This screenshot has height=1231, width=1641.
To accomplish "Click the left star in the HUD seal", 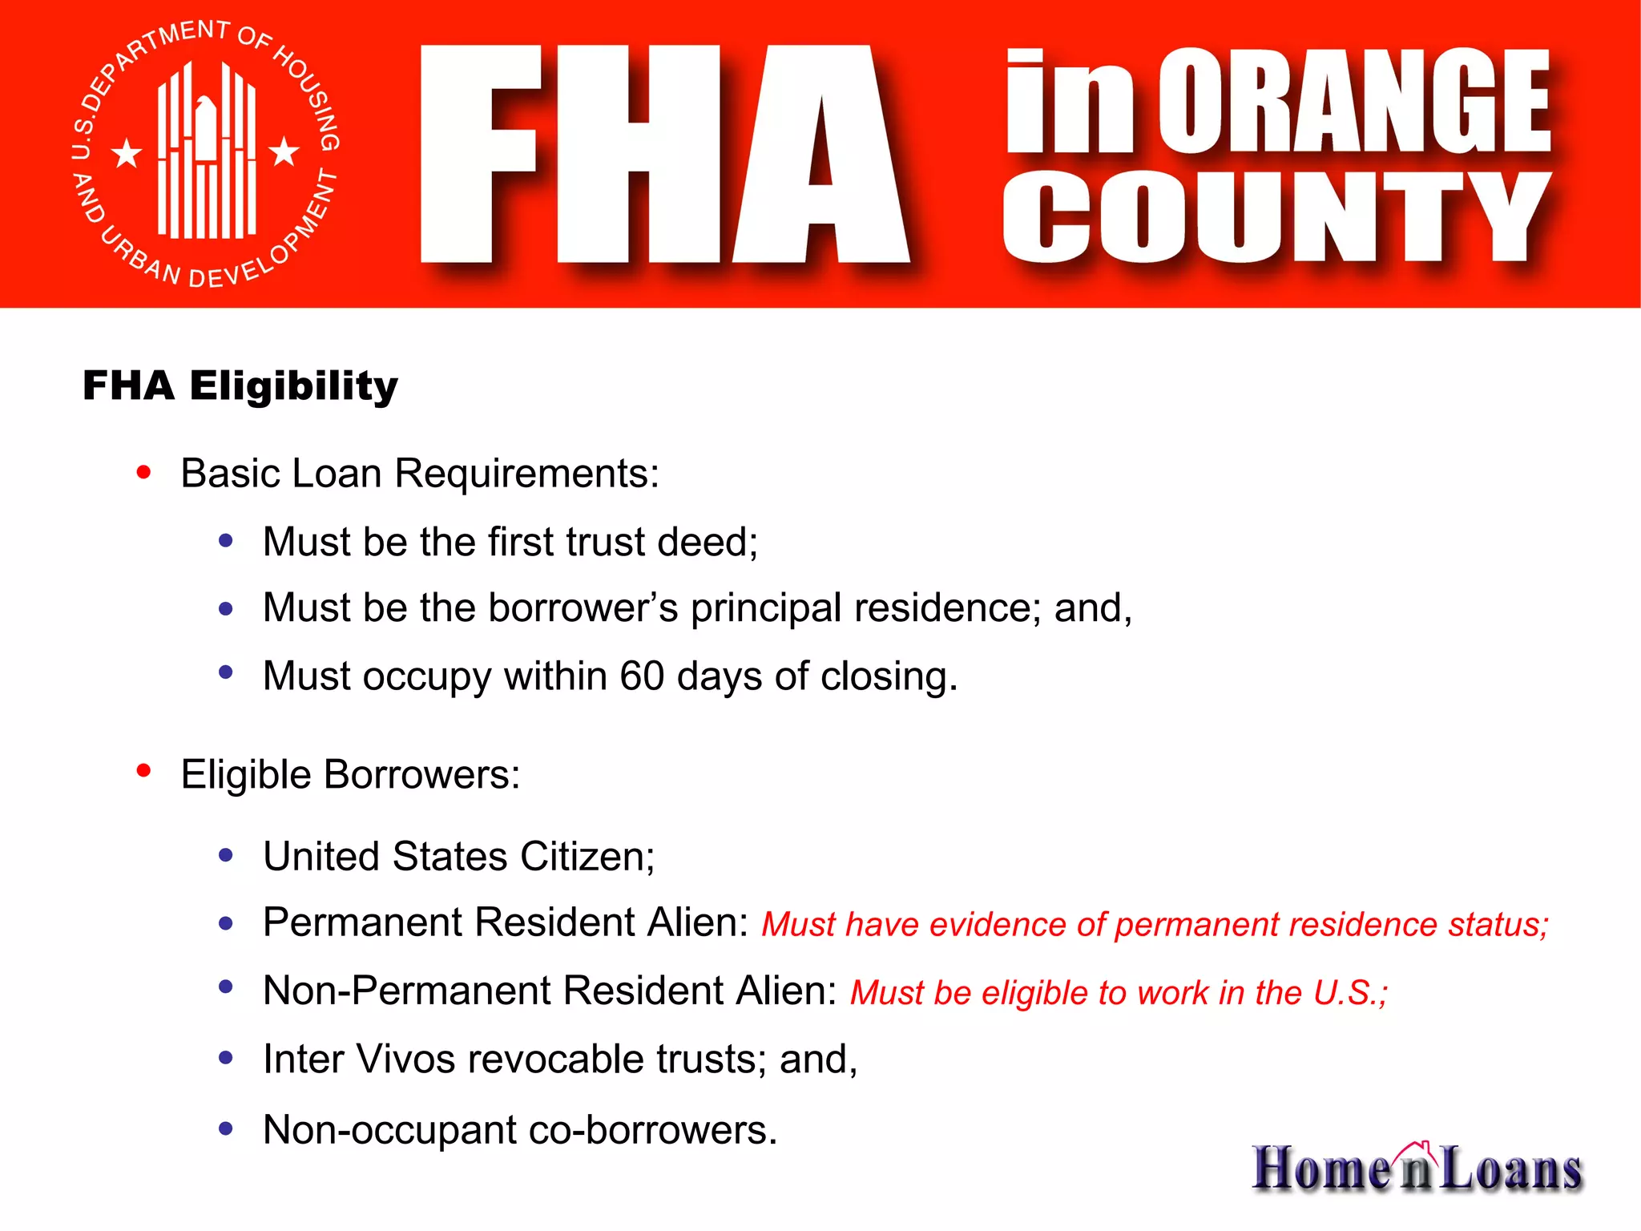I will click(x=127, y=153).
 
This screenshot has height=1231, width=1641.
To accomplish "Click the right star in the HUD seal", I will click(x=284, y=151).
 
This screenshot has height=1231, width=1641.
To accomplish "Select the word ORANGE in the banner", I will click(x=1353, y=101).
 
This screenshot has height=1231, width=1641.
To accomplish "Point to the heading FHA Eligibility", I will click(x=240, y=385).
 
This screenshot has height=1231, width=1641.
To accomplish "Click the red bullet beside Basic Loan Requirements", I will click(x=144, y=472).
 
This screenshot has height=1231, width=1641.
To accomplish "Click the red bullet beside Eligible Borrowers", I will click(x=144, y=771).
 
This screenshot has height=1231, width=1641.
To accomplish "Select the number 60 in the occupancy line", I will click(x=642, y=676).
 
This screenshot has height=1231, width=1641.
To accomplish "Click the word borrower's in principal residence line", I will click(x=583, y=607).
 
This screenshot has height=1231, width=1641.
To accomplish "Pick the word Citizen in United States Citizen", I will click(x=587, y=856).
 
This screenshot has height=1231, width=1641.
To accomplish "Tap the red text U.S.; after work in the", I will click(x=1350, y=993).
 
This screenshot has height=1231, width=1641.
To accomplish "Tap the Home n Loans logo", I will click(x=1417, y=1168).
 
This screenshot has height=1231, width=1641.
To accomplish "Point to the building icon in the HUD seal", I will click(x=207, y=152).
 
